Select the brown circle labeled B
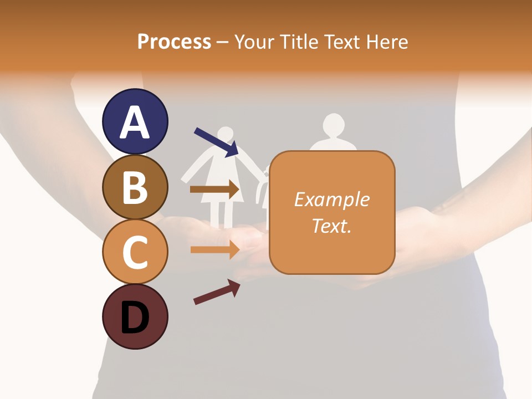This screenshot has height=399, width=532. point(135,187)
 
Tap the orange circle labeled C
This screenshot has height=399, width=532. point(135,252)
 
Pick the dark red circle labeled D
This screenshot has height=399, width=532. point(135,316)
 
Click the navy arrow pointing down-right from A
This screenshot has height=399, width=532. point(216,142)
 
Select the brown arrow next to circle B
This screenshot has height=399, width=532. point(214,190)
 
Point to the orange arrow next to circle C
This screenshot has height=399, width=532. point(214,249)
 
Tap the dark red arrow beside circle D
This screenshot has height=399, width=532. point(217,292)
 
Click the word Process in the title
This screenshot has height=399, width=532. point(174,42)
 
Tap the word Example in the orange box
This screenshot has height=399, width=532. point(332,199)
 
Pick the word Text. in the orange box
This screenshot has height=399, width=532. point(332,226)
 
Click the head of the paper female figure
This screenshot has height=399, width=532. point(225,134)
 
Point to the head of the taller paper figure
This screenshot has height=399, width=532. point(334,124)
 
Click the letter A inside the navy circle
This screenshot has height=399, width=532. point(135,123)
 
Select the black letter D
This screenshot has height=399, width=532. point(135,318)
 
